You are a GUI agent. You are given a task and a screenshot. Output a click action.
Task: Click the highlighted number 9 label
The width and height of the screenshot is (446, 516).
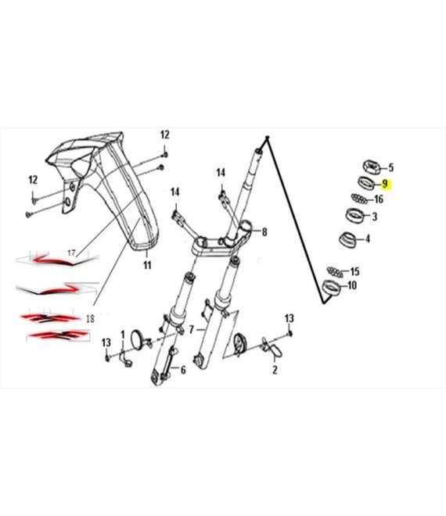(385, 184)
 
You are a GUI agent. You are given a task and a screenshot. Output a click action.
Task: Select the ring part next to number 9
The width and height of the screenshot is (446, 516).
(366, 183)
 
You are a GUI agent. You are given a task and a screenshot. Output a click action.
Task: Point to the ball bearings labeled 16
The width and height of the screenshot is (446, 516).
(359, 199)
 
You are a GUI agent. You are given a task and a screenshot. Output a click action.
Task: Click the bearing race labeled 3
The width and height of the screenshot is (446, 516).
(354, 216)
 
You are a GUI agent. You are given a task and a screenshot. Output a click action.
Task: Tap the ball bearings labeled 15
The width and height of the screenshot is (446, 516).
(335, 272)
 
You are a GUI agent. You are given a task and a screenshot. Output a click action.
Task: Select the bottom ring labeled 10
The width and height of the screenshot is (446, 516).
(331, 287)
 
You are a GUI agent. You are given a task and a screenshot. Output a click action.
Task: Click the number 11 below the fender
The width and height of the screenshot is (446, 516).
(147, 264)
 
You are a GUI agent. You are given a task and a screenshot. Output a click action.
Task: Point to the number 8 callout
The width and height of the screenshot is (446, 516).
(264, 232)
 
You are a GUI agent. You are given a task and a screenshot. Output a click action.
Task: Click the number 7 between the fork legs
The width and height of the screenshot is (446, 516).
(192, 329)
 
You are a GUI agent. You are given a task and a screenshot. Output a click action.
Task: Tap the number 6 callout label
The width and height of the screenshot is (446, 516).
(183, 370)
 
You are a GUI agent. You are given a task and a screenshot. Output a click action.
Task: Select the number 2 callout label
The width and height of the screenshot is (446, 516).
(275, 370)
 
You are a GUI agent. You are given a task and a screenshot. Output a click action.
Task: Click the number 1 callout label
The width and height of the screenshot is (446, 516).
(123, 335)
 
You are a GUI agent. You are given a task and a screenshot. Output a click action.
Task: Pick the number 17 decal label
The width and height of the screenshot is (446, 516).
(71, 253)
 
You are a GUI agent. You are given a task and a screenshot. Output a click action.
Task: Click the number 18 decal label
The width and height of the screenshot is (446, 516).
(90, 318)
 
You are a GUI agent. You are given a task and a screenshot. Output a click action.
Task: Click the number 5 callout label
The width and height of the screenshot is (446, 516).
(390, 167)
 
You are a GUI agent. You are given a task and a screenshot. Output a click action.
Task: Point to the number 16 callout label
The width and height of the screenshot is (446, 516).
(379, 199)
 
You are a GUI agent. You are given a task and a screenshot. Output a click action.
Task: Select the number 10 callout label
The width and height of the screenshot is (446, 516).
(352, 285)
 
